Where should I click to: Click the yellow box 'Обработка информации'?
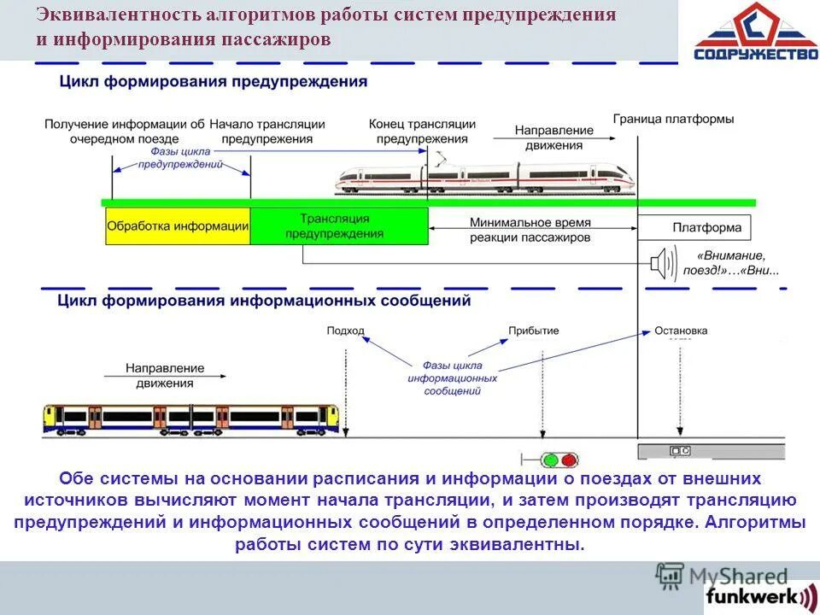178,226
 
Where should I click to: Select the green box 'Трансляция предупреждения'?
339,226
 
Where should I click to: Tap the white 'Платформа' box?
695,228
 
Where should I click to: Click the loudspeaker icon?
663,261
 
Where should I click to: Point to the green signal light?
549,460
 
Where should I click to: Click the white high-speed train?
486,178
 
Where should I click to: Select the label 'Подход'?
345,331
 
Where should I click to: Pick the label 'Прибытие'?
533,331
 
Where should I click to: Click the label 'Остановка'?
681,331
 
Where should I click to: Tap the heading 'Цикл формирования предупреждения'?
214,82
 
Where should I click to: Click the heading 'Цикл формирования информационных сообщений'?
264,301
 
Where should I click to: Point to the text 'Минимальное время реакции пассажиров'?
530,229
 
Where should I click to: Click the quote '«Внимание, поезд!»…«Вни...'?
730,263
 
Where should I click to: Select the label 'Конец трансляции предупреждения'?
422,131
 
